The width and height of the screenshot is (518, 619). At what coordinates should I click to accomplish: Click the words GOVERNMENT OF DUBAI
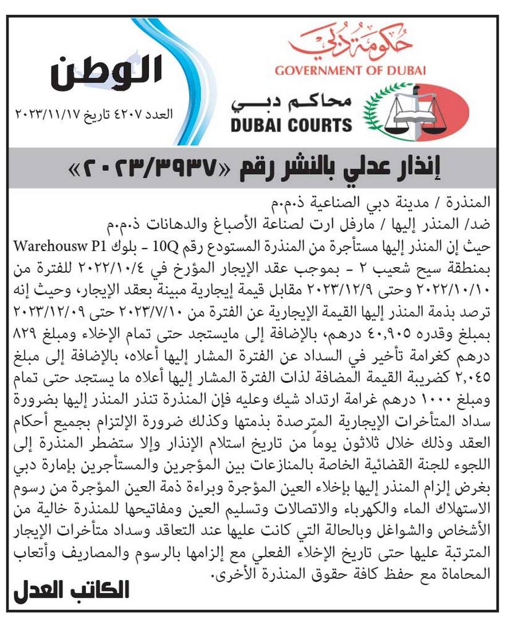tap(350, 70)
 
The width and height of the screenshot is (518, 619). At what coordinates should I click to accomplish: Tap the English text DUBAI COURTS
tap(292, 124)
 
